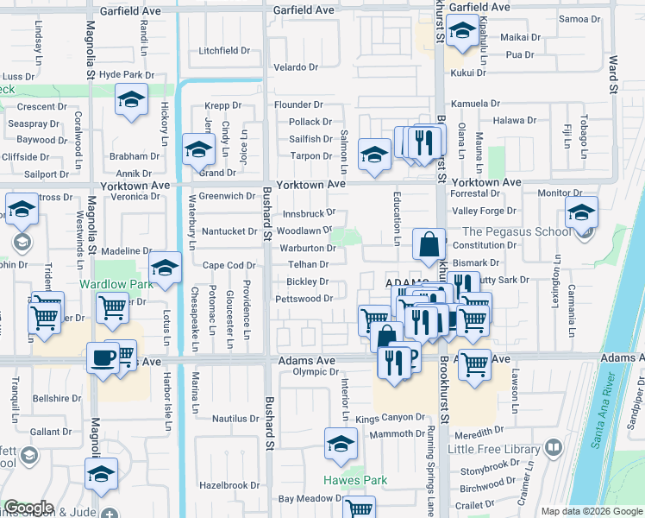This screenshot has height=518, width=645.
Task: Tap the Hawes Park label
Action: click(x=354, y=480)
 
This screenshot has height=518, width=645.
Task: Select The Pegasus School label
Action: click(x=516, y=231)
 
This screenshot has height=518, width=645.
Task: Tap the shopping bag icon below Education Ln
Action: click(x=429, y=245)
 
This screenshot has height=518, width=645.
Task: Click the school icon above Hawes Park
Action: click(x=341, y=445)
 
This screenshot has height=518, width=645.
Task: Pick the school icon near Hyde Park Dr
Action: click(x=131, y=103)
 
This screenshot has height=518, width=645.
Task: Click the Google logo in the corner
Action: click(x=28, y=508)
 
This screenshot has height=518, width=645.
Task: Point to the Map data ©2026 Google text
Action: click(x=592, y=510)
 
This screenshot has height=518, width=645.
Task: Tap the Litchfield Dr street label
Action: click(x=223, y=51)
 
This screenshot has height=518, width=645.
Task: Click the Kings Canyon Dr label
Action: click(x=391, y=418)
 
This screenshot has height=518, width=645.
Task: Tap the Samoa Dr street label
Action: click(x=579, y=18)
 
